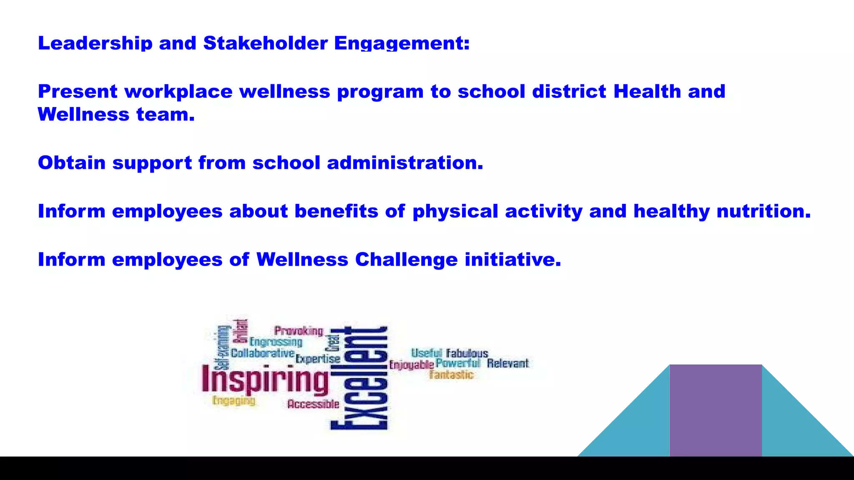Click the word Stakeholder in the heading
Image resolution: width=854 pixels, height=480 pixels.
click(265, 43)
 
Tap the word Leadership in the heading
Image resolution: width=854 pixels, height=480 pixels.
click(95, 43)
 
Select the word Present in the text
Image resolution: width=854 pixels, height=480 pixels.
click(78, 92)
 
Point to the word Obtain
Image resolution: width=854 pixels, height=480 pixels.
click(72, 163)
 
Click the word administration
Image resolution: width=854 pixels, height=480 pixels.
click(405, 163)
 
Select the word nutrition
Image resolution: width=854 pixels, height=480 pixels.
click(764, 211)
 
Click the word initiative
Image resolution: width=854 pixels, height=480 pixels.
click(512, 260)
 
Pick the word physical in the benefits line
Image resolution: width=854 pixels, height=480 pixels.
click(455, 212)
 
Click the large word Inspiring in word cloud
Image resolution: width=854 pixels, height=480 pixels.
click(265, 379)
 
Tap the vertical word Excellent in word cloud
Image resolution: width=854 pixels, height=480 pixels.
click(359, 378)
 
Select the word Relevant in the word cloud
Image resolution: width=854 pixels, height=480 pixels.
click(507, 364)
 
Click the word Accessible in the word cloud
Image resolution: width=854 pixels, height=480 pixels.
click(313, 404)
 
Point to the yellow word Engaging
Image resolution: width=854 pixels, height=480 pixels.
click(234, 401)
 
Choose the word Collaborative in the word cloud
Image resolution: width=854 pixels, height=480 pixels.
click(263, 353)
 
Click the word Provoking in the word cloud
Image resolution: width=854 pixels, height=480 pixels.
click(299, 331)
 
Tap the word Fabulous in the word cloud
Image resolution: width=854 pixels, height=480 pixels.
click(467, 354)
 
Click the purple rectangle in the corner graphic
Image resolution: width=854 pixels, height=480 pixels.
click(715, 410)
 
